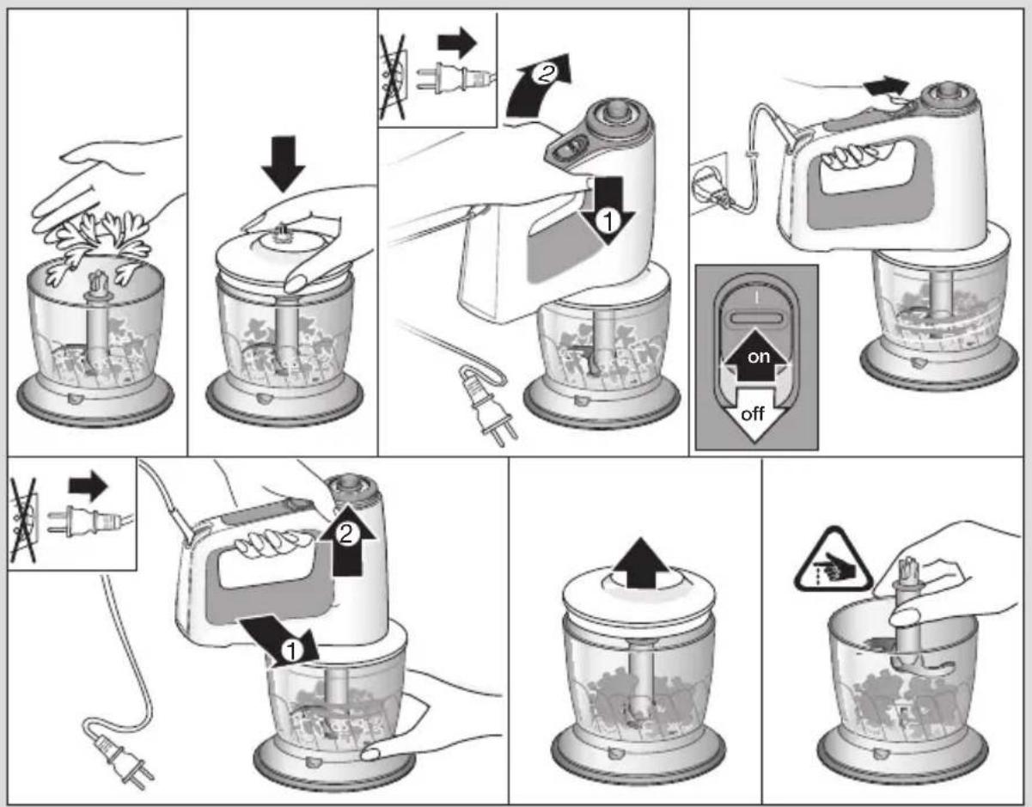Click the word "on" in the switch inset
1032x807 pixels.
pos(759,357)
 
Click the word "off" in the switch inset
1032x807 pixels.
pos(752,413)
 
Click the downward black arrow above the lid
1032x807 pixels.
pos(284,164)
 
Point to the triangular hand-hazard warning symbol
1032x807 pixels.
pos(833,561)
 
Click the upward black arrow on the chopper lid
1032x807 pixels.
pos(642,565)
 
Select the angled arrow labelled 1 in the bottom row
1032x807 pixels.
pos(280,641)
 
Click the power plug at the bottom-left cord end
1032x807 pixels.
pos(121,759)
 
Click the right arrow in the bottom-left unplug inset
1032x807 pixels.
pos(89,486)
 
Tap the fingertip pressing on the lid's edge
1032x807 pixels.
pos(296,284)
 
